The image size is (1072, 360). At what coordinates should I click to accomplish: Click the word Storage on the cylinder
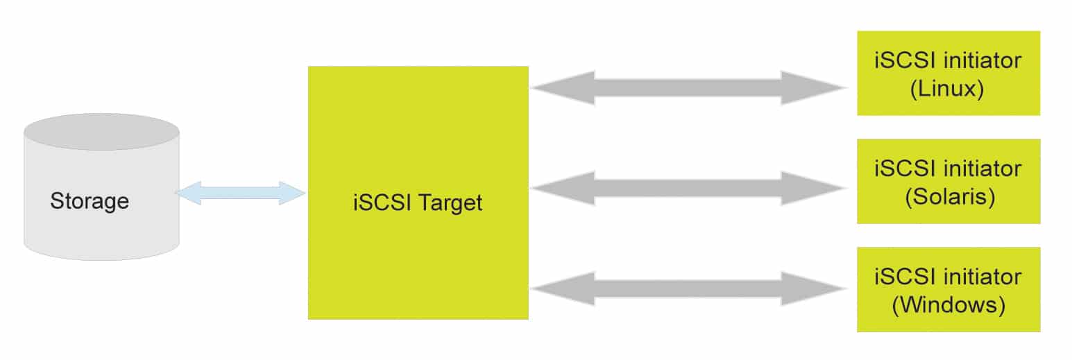(90, 201)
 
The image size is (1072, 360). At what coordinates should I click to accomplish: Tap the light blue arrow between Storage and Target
(240, 193)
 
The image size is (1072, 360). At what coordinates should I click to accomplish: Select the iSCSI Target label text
(418, 204)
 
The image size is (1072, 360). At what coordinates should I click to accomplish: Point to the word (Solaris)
(950, 198)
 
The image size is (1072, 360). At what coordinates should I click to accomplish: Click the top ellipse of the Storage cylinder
(101, 132)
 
